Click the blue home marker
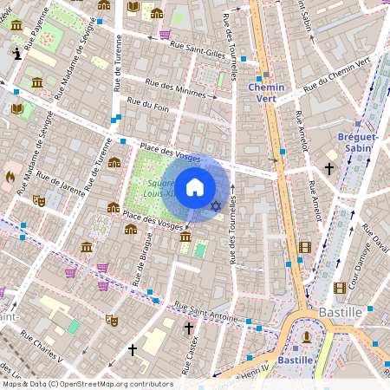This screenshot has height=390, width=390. pyautogui.click(x=195, y=187)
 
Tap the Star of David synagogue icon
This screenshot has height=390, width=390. pyautogui.click(x=216, y=205)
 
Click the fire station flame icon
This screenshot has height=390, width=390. pyautogui.click(x=10, y=176)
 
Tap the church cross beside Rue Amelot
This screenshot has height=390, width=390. pyautogui.click(x=329, y=167)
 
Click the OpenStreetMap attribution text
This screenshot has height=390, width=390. pyautogui.click(x=87, y=384)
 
